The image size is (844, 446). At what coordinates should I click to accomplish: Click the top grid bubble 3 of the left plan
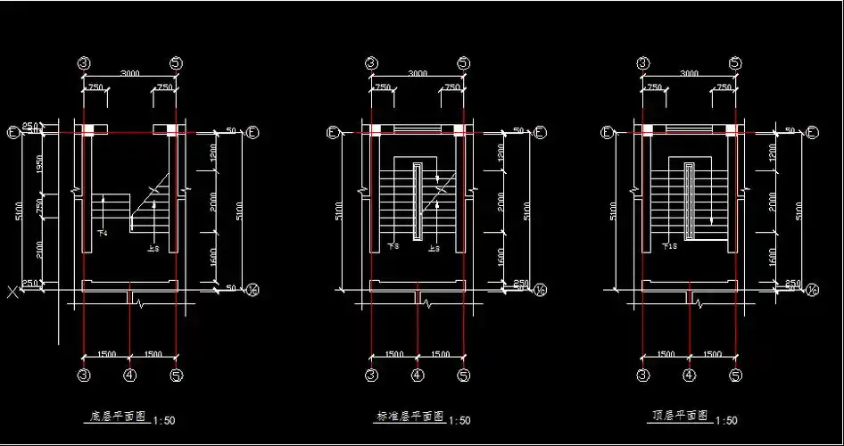pos(84,63)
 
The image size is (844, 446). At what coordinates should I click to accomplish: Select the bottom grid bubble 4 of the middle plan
pos(417,376)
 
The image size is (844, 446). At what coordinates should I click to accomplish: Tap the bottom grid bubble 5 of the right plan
pos(735,376)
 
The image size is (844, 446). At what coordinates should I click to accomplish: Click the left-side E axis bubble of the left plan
pos(13,133)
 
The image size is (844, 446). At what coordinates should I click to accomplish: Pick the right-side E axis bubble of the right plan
pos(812,133)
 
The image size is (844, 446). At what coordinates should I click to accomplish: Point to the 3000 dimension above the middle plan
pos(417,73)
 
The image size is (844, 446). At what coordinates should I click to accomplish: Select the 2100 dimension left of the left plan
pos(40,248)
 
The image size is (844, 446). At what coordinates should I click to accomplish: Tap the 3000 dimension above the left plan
pos(129,73)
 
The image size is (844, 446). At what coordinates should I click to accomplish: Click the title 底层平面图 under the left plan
pos(118,417)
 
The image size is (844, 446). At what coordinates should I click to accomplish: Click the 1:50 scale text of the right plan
pos(726,420)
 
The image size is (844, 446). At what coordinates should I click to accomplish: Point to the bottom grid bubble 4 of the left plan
pos(130,376)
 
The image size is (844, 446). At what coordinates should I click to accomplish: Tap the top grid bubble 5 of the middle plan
pos(463,63)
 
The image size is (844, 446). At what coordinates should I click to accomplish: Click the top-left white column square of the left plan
pos(89,130)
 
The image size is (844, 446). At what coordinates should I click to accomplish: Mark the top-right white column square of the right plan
pos(730,130)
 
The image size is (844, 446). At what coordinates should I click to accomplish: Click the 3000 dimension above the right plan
pos(689,73)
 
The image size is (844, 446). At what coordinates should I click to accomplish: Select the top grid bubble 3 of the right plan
pos(642,63)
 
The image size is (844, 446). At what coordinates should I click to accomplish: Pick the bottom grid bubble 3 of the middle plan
pos(371,376)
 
